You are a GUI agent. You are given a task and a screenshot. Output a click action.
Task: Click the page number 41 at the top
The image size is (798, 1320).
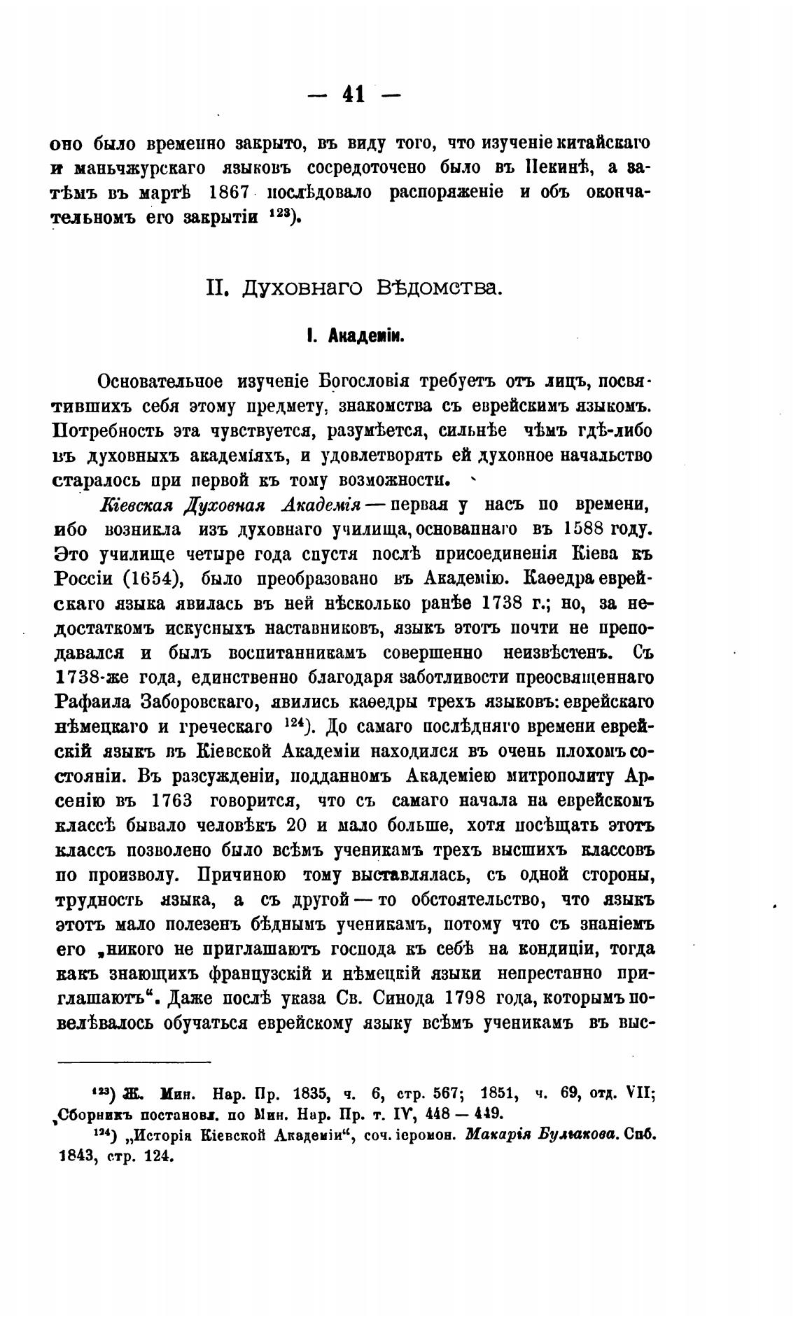coord(354,93)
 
